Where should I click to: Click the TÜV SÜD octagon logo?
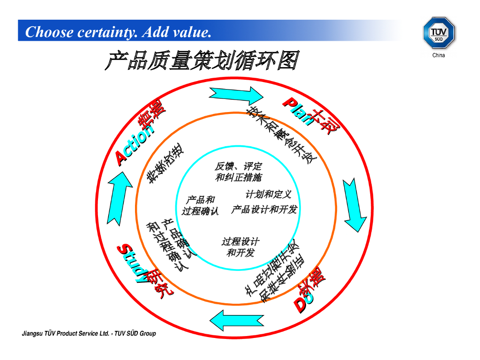pyautogui.click(x=439, y=32)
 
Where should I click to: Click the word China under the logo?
pyautogui.click(x=439, y=55)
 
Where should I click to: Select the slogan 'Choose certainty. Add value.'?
pyautogui.click(x=118, y=32)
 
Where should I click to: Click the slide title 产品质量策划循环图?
pyautogui.click(x=202, y=61)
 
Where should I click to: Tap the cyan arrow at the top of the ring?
pyautogui.click(x=236, y=96)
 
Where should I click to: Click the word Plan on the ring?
pyautogui.click(x=297, y=112)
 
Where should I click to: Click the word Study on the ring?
pyautogui.click(x=132, y=262)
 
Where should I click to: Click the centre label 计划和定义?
pyautogui.click(x=269, y=194)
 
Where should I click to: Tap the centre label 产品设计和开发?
pyautogui.click(x=264, y=210)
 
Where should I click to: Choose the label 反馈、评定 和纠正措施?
pyautogui.click(x=239, y=172)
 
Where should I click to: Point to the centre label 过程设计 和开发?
pyautogui.click(x=240, y=247)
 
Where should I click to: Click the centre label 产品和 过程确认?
pyautogui.click(x=200, y=206)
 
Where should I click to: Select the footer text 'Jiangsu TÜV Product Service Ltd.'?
pyautogui.click(x=66, y=334)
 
